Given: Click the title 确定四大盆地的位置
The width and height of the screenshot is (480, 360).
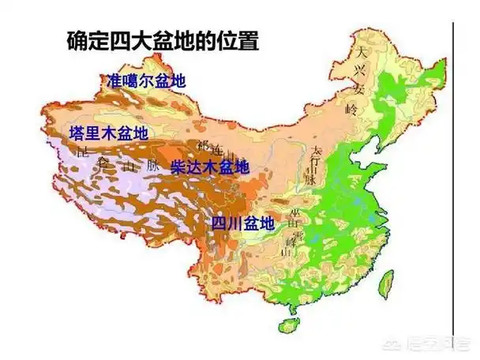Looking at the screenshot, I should (x=163, y=41).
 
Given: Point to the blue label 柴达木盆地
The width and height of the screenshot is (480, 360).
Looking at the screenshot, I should (x=210, y=167).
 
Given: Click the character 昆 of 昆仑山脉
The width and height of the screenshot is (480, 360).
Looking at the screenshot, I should (x=83, y=152).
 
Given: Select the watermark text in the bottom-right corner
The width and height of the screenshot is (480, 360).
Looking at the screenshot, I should (x=431, y=343).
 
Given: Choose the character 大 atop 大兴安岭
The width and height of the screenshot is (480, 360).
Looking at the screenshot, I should (x=361, y=53).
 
